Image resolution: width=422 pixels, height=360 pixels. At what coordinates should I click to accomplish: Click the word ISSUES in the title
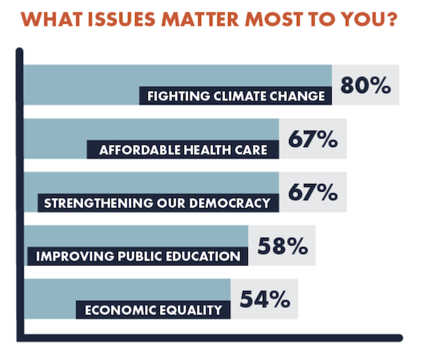[x=121, y=19]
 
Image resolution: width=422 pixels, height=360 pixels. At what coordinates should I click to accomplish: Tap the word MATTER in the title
[x=200, y=19]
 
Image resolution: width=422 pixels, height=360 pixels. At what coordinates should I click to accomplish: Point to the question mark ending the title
[x=391, y=19]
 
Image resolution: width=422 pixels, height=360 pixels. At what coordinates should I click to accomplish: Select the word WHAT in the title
[x=51, y=19]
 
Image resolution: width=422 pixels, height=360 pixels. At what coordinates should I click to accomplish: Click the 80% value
[x=365, y=85]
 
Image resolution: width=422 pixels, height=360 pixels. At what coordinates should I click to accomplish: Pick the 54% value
[x=265, y=299]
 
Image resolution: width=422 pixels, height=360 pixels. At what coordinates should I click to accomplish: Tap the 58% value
[x=283, y=246]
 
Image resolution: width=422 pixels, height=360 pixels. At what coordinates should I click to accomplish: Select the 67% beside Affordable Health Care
[x=313, y=139]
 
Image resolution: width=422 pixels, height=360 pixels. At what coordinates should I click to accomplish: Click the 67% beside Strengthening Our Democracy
[x=313, y=192]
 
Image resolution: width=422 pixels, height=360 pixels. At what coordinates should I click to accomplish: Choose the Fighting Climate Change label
[x=236, y=96]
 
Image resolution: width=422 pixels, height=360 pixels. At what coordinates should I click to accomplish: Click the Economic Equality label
[x=153, y=310]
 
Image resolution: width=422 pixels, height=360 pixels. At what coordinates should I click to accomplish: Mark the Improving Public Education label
[x=138, y=256]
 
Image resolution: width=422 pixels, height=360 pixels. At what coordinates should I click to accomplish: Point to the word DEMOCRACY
[x=230, y=203]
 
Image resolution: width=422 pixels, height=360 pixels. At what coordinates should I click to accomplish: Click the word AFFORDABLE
[x=140, y=150]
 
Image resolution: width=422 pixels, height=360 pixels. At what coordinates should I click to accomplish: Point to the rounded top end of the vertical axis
[x=19, y=51]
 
